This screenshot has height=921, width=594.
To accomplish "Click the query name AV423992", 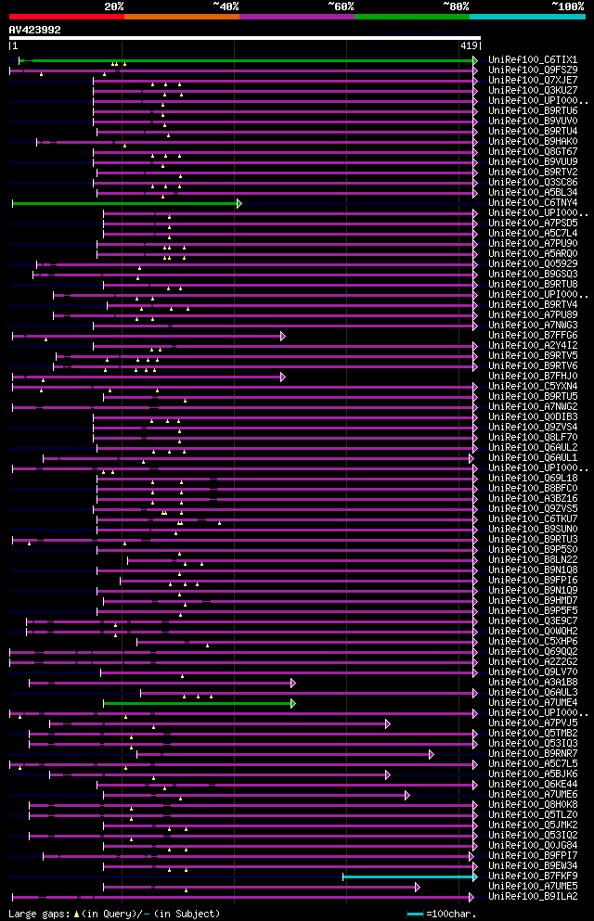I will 35,30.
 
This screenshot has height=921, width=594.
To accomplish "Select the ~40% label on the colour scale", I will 226,6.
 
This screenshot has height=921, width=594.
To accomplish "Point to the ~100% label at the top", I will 568,6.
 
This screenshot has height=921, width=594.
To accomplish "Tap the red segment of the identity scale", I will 66,16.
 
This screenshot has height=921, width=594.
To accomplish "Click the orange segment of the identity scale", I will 181,16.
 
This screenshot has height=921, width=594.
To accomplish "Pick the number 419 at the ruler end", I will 469,45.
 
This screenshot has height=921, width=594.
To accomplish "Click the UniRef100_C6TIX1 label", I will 532,59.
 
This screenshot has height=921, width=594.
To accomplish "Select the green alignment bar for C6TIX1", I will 251,60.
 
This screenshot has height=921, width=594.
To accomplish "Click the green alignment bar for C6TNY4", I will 125,202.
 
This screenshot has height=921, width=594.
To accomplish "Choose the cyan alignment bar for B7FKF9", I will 408,876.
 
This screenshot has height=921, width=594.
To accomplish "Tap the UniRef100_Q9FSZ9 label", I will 532,70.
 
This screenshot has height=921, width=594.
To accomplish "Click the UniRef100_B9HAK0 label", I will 532,141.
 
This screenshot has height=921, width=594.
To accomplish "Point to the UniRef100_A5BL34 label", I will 532,192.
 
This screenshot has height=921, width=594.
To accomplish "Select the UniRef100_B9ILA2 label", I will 532,896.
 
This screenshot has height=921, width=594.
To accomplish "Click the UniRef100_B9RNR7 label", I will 532,753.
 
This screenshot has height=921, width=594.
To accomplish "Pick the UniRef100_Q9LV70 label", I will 532,672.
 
